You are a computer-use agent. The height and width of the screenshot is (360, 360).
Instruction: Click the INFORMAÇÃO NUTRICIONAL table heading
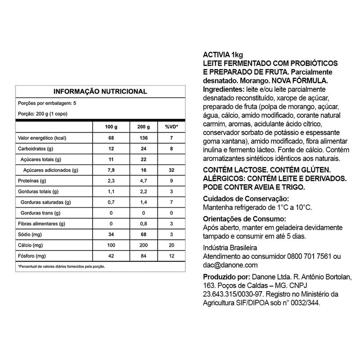coord(100,91)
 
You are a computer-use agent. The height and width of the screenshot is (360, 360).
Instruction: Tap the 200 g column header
coord(143,127)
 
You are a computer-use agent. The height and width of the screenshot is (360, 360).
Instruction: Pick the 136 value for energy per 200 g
coord(143,138)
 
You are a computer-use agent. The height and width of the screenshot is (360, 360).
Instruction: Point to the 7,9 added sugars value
coord(111,170)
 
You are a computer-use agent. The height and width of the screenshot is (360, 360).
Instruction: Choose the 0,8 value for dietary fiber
coord(143,224)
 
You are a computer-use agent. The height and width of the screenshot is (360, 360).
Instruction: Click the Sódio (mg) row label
coord(30,235)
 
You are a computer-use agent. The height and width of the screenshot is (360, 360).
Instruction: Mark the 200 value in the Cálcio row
coord(143,246)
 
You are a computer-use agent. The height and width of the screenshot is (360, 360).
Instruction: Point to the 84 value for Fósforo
coord(143,256)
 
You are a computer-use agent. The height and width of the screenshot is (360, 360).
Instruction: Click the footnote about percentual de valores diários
coord(61,266)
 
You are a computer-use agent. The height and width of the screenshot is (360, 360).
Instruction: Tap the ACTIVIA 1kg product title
coord(223,55)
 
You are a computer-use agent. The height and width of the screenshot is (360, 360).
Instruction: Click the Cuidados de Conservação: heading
coord(245,199)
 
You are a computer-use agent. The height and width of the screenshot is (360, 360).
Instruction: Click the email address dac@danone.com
coord(230,265)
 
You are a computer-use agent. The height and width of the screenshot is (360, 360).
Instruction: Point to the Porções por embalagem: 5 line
coord(40,103)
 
